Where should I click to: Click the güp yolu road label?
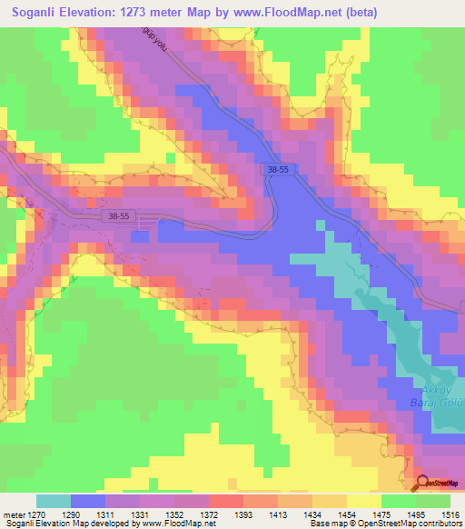tap(155, 39)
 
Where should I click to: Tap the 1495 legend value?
tap(415, 514)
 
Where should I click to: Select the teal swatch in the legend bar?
tap(53, 501)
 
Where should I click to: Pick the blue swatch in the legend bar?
tap(87, 501)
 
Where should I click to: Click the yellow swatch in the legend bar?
tap(363, 501)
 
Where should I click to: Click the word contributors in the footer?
tap(440, 524)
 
